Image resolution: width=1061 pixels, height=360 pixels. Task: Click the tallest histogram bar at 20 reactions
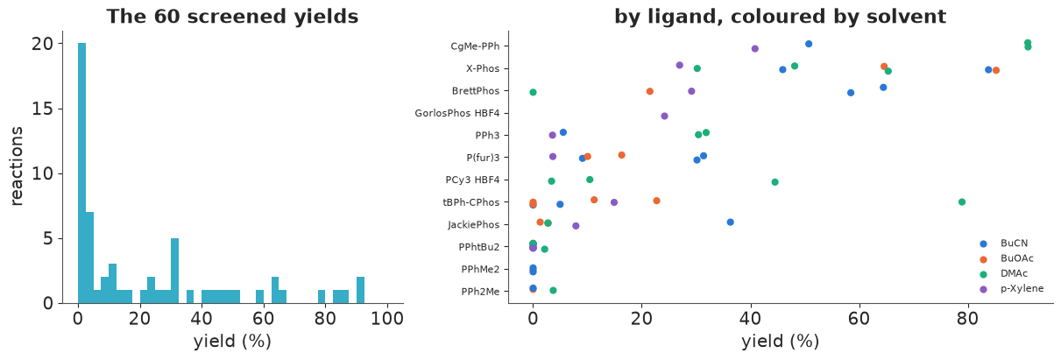82,173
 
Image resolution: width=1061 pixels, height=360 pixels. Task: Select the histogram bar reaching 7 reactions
89,258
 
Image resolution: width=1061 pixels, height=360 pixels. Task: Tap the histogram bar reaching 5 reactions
174,271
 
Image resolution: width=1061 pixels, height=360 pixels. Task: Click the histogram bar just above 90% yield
360,290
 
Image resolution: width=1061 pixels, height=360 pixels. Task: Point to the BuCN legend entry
1004,244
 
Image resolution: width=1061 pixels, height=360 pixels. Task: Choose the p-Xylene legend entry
1012,288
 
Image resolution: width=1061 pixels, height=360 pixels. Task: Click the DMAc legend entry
1004,273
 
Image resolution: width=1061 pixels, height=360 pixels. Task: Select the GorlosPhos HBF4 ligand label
457,113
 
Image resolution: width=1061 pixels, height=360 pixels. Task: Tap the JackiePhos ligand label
474,224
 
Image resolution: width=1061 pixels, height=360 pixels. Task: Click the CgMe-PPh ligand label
475,46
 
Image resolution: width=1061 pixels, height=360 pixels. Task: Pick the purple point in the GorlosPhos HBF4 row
664,116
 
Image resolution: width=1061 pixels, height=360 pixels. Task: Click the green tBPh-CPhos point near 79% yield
961,202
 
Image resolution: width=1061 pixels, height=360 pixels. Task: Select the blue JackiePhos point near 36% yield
730,222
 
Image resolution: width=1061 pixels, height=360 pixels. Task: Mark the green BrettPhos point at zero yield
533,92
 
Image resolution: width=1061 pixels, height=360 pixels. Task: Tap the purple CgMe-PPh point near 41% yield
755,49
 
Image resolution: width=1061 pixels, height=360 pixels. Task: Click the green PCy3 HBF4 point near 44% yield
775,182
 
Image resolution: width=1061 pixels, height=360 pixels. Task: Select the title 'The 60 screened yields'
232,17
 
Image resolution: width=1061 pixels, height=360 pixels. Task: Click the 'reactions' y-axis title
17,166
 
